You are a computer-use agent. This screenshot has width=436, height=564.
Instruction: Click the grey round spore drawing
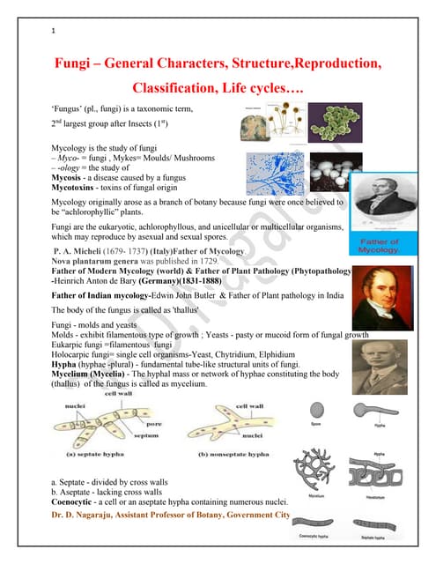316,412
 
